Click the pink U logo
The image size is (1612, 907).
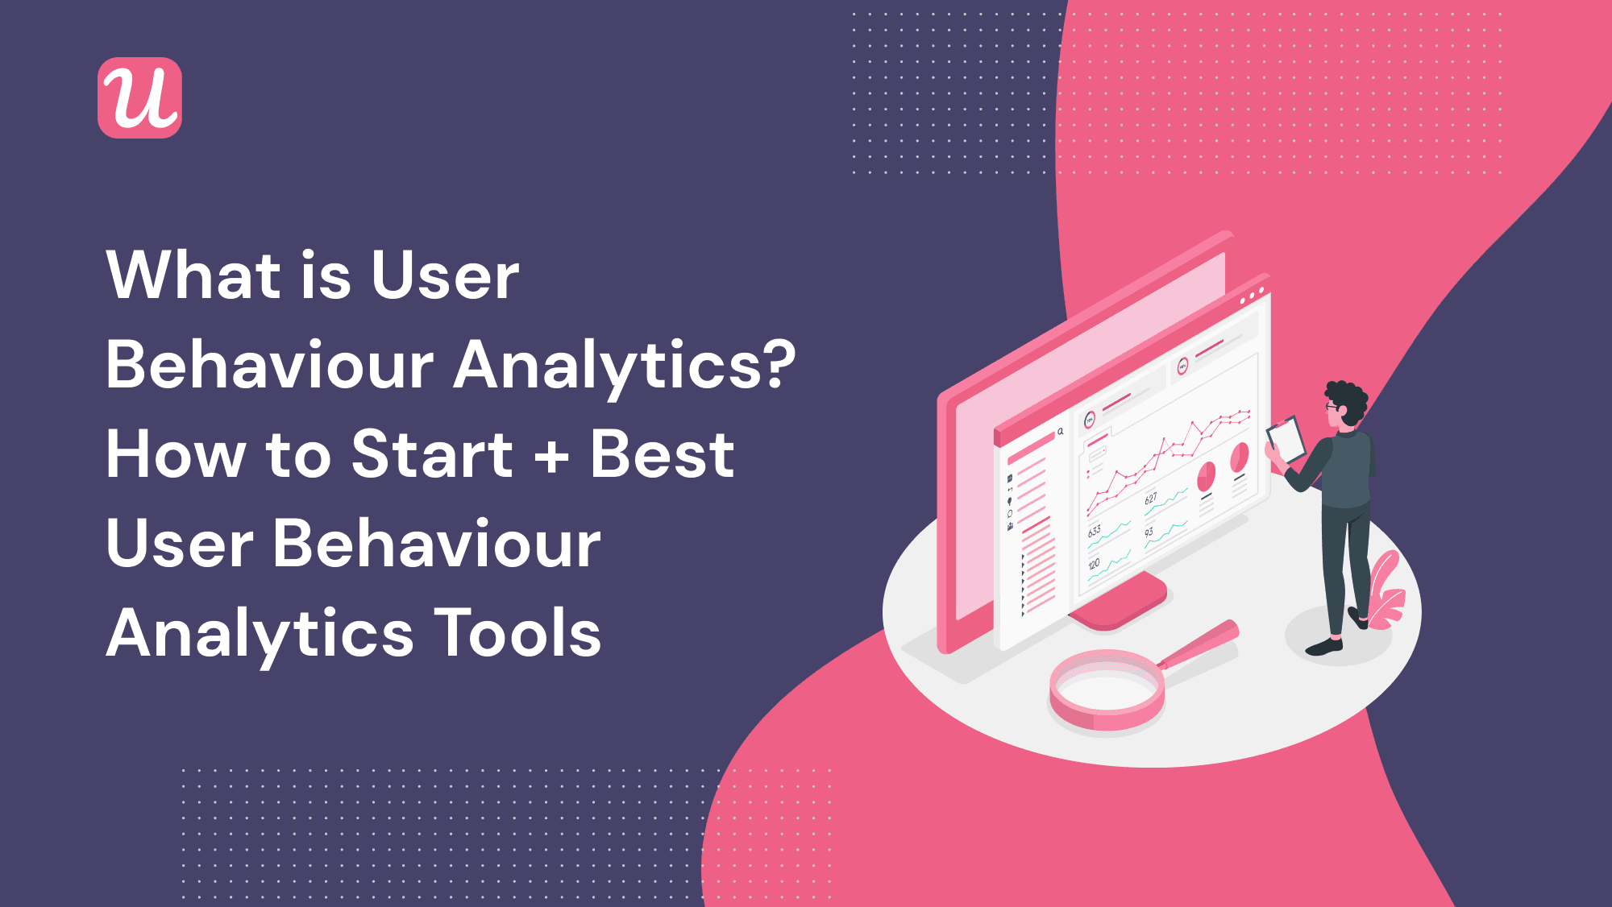[x=139, y=97]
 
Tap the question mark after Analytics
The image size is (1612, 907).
[x=777, y=364]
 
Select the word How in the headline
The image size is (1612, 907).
[x=173, y=453]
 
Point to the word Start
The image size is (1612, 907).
[x=432, y=453]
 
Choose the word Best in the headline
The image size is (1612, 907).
[x=663, y=453]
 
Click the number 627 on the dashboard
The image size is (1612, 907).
[x=1151, y=499]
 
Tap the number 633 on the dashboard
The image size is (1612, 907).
[x=1095, y=532]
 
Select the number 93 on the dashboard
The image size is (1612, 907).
[x=1149, y=532]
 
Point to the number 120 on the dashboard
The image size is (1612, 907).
[x=1094, y=565]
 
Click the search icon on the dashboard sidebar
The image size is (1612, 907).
[x=1061, y=432]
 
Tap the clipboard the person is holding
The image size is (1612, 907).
[x=1286, y=440]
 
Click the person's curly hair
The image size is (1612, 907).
[x=1348, y=400]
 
